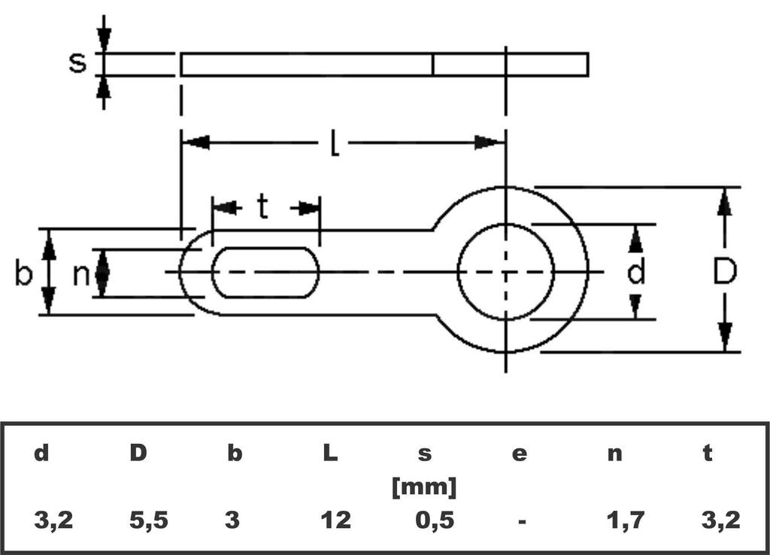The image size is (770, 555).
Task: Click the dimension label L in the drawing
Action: pyautogui.click(x=335, y=143)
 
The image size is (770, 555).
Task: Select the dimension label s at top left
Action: pyautogui.click(x=77, y=62)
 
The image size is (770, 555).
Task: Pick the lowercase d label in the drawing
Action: pyautogui.click(x=636, y=272)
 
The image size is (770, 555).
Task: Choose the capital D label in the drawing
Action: pyautogui.click(x=724, y=272)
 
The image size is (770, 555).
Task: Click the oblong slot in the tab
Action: pyautogui.click(x=265, y=272)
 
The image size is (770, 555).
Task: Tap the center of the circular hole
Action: pyautogui.click(x=506, y=271)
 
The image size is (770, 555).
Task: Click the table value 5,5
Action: pyautogui.click(x=148, y=519)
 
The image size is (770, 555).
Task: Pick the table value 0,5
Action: pyautogui.click(x=425, y=519)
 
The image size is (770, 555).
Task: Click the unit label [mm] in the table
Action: pyautogui.click(x=424, y=487)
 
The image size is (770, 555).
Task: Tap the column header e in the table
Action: pyautogui.click(x=520, y=454)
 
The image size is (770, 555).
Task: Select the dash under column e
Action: pyautogui.click(x=521, y=520)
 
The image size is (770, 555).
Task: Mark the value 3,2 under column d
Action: pyautogui.click(x=53, y=519)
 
